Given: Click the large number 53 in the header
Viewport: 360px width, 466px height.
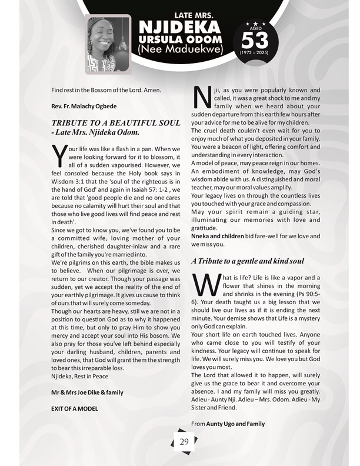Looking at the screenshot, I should [x=254, y=41].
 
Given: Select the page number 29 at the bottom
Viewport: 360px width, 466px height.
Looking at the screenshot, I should [x=184, y=442].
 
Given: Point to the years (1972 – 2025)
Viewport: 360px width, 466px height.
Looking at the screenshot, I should [x=254, y=53].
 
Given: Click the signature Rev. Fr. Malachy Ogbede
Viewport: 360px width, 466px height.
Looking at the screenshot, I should [x=84, y=106].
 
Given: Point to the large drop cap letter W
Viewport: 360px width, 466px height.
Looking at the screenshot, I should [x=205, y=285].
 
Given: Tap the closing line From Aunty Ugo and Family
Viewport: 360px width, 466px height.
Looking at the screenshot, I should [x=228, y=424].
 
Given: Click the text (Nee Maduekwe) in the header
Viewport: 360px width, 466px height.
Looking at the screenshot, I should [x=179, y=50].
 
